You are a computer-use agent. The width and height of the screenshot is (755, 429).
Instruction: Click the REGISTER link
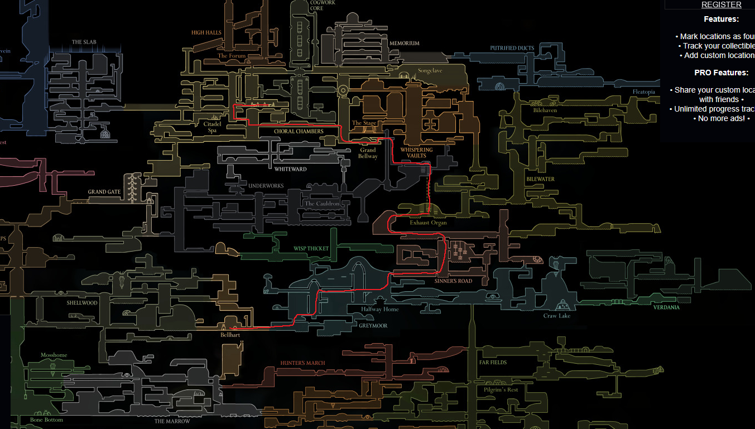coord(721,4)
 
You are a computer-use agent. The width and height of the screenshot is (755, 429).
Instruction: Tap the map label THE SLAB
coord(84,42)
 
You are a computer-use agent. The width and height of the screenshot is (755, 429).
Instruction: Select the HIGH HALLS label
coord(206,33)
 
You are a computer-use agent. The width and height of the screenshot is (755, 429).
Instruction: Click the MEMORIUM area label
coord(404,44)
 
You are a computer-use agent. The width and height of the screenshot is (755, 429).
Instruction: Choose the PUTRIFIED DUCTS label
coord(512,48)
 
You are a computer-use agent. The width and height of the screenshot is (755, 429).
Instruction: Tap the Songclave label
coord(430,71)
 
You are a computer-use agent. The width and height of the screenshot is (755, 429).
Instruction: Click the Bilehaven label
coord(545,110)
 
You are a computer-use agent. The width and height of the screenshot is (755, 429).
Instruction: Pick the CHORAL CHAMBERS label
coord(299,132)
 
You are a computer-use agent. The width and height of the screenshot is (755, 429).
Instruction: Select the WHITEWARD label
coord(290,169)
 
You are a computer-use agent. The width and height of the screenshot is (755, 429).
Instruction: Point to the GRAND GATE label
coord(104,192)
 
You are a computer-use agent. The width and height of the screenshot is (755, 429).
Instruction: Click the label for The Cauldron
coord(322,204)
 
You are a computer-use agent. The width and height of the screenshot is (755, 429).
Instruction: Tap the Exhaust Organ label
coord(428,223)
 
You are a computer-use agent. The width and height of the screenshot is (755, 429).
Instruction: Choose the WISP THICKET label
coord(311,249)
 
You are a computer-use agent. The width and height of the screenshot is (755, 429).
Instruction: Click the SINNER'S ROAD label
coord(453,281)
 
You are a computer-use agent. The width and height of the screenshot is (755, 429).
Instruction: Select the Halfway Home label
coord(379,309)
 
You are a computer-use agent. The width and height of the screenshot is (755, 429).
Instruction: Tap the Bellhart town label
coord(230,335)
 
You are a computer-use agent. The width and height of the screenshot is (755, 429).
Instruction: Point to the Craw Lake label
coord(556,316)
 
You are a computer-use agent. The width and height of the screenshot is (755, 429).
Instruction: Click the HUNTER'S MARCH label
coord(302,363)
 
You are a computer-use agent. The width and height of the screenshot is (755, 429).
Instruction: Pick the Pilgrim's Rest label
coord(501,390)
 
